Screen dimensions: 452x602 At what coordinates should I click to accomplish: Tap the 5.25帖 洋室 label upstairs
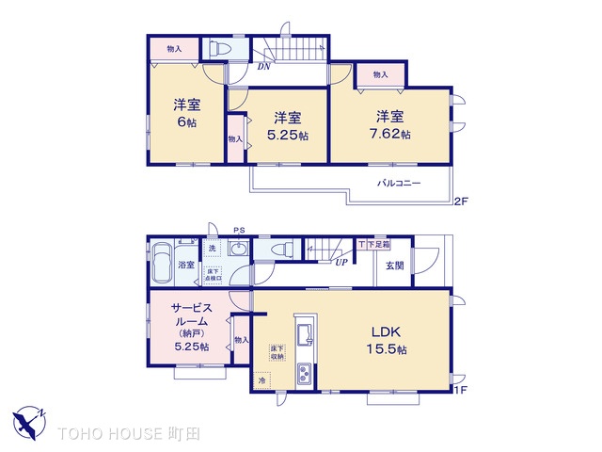click(288, 126)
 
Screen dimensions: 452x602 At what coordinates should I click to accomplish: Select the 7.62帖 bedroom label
click(390, 125)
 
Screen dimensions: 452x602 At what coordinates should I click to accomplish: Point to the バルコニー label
click(399, 183)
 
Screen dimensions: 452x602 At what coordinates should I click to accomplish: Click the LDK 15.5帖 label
click(388, 339)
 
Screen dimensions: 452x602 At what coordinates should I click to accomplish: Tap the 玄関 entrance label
click(394, 266)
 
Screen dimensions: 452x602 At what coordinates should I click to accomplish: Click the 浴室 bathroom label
click(187, 265)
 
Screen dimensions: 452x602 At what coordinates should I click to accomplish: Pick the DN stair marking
click(265, 67)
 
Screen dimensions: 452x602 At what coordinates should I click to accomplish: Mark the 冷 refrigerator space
click(262, 380)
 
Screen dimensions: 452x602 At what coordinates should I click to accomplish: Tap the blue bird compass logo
click(32, 419)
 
